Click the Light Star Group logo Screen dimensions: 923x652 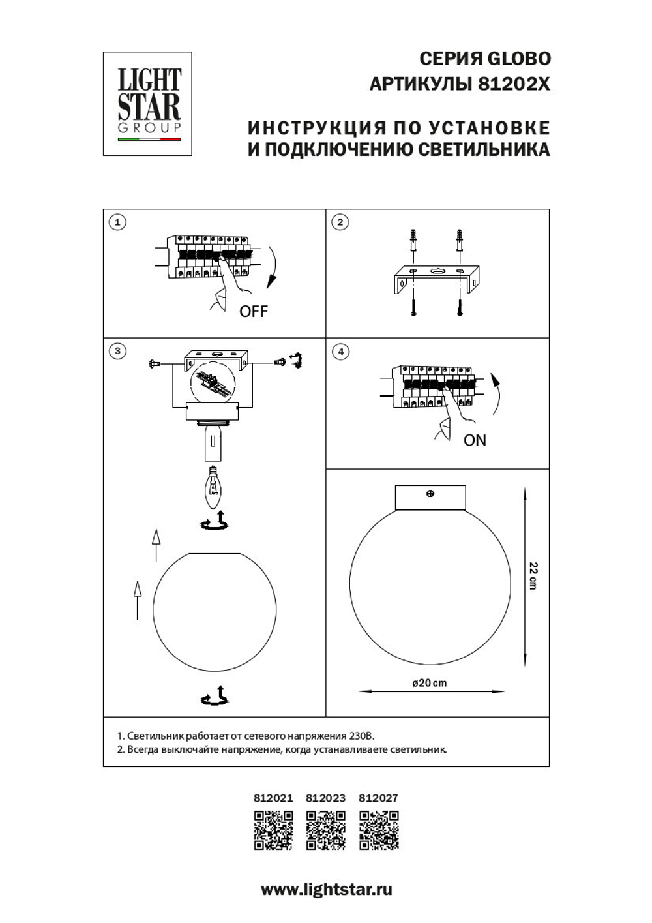(147, 103)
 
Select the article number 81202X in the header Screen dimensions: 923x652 (514, 84)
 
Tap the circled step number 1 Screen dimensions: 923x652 (117, 222)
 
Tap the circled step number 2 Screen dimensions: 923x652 (340, 222)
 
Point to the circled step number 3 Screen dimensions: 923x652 (117, 352)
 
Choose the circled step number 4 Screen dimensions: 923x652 (340, 352)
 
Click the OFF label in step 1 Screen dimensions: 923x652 (253, 311)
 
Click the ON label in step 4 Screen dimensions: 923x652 (475, 440)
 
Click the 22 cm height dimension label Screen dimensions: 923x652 (533, 575)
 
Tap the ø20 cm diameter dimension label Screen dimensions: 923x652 (430, 683)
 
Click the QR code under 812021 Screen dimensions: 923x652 (273, 830)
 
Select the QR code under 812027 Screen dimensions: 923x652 (379, 830)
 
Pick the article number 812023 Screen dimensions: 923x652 (325, 798)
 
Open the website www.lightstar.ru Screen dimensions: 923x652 (326, 889)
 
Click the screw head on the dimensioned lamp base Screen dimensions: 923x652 (430, 494)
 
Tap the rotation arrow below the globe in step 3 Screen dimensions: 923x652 (215, 697)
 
